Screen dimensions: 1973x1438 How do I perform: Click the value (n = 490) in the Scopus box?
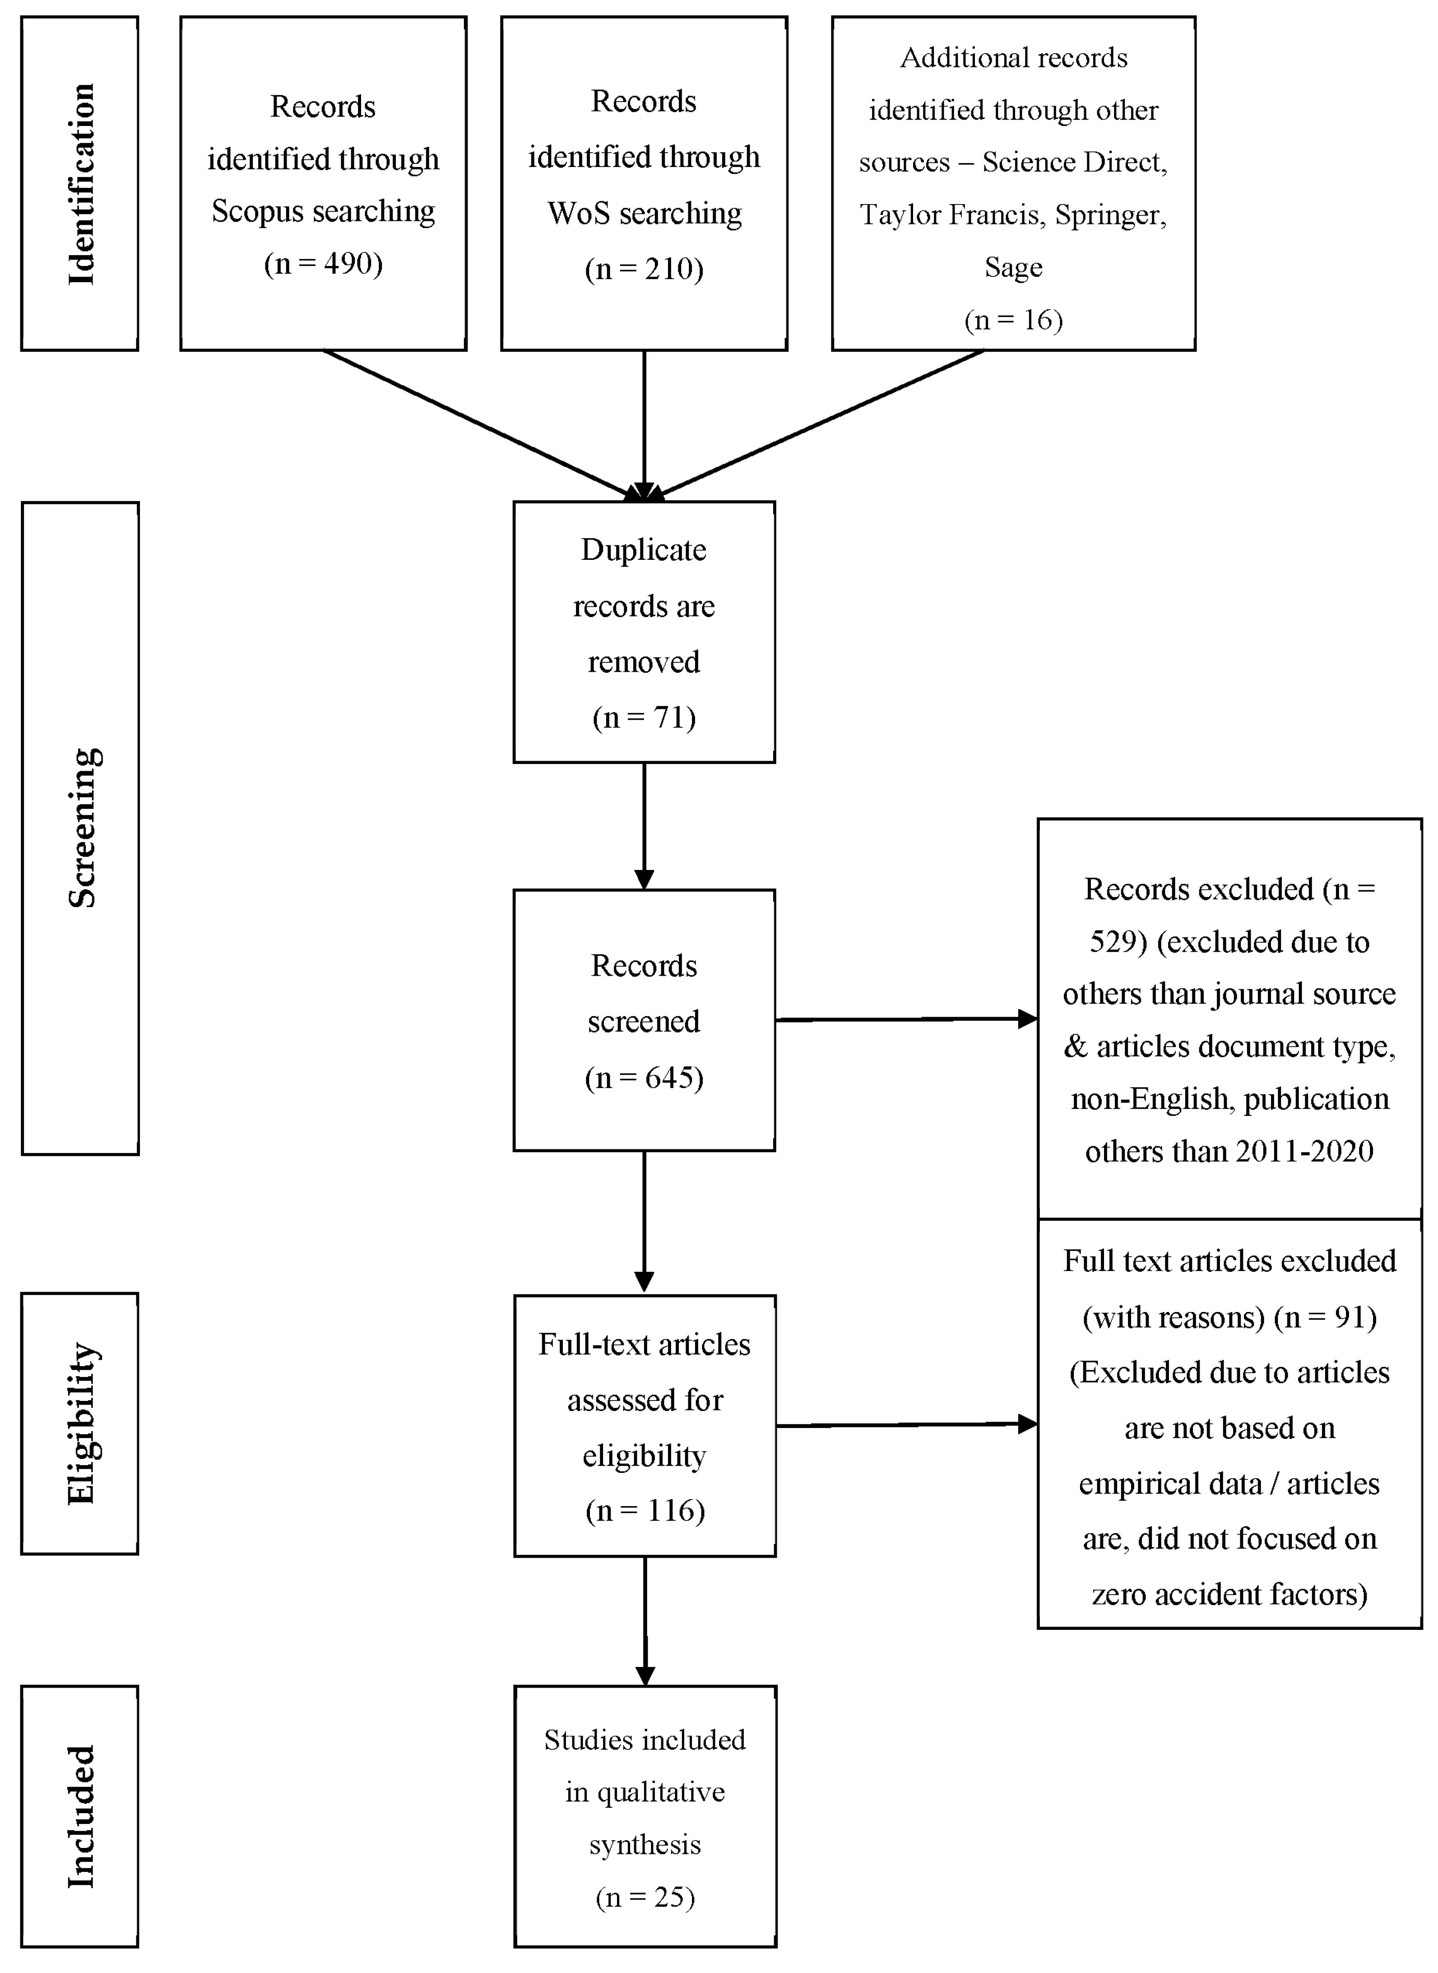point(323,263)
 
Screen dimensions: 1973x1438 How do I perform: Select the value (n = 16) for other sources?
point(1013,320)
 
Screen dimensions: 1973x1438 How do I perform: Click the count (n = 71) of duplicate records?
point(644,717)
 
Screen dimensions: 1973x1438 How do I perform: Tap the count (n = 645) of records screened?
point(644,1078)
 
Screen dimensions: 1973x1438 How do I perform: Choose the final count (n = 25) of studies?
point(645,1896)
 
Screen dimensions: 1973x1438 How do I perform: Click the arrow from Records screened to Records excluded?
point(905,1019)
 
